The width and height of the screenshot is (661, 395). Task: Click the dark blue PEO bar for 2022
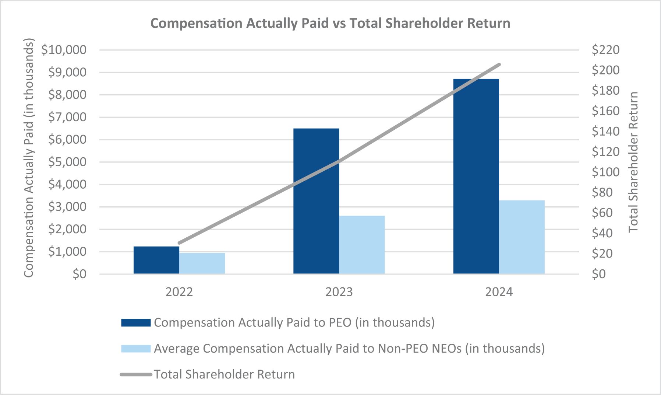tap(156, 260)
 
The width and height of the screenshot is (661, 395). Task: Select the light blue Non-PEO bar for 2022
tap(202, 263)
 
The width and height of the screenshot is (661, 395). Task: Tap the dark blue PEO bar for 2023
tap(316, 201)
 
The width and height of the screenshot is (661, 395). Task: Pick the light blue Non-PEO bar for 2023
tap(362, 245)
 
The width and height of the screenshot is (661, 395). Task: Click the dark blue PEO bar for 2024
tap(476, 176)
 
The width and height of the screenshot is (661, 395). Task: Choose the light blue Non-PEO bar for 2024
tap(522, 237)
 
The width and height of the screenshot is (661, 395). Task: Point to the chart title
tap(330, 24)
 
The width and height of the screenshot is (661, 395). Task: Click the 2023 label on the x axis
tap(339, 292)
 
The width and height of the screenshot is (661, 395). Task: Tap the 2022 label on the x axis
tap(179, 292)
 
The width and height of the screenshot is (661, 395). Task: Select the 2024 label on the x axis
tap(499, 292)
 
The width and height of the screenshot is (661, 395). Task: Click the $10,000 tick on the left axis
tap(64, 50)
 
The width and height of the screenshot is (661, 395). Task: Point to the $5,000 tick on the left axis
tap(67, 162)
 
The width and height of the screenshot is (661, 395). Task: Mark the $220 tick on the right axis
tap(606, 50)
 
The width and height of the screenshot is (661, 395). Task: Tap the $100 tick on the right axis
tap(606, 172)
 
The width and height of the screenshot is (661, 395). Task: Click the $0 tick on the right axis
tap(599, 274)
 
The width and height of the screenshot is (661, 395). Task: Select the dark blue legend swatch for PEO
tap(136, 323)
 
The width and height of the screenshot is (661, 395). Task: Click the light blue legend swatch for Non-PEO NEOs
tap(136, 349)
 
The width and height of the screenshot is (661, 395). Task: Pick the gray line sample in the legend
tap(136, 374)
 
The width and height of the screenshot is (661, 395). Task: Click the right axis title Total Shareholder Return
tap(633, 162)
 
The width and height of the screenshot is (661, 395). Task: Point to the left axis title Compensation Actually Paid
tap(28, 158)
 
